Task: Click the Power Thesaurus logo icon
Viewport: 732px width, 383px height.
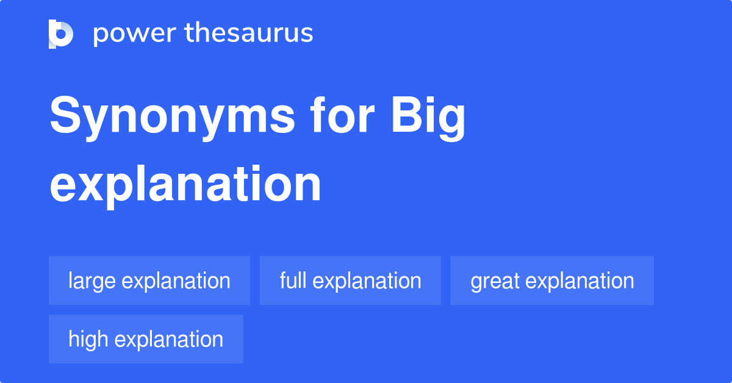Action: (x=61, y=34)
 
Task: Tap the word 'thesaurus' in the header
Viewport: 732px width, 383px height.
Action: (x=249, y=34)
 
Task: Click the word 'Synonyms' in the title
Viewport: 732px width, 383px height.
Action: (x=171, y=117)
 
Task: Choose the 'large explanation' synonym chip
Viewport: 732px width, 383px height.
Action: (x=149, y=281)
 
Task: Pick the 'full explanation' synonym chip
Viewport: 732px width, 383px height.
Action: (x=350, y=281)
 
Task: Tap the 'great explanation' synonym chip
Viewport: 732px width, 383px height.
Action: (x=552, y=281)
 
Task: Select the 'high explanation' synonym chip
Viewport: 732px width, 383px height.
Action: (x=146, y=339)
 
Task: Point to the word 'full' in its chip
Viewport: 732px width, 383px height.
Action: (x=293, y=281)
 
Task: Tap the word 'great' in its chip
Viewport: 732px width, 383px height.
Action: (x=495, y=281)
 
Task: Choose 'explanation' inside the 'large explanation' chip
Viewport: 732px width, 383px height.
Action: (x=176, y=281)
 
